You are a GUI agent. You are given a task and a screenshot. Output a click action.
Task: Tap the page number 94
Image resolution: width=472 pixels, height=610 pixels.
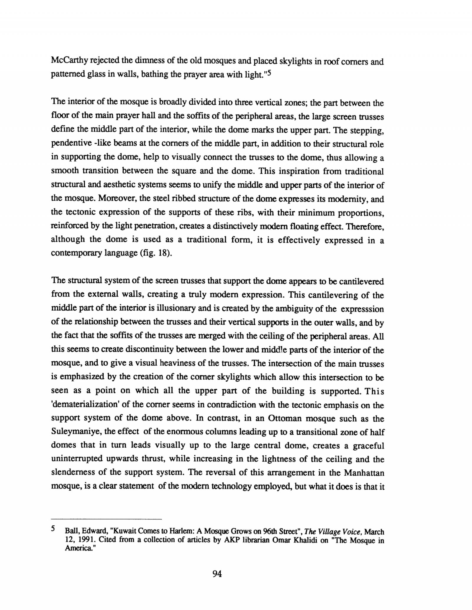(x=217, y=573)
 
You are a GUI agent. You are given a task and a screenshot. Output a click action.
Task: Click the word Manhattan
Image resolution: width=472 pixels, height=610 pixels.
(x=364, y=473)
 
